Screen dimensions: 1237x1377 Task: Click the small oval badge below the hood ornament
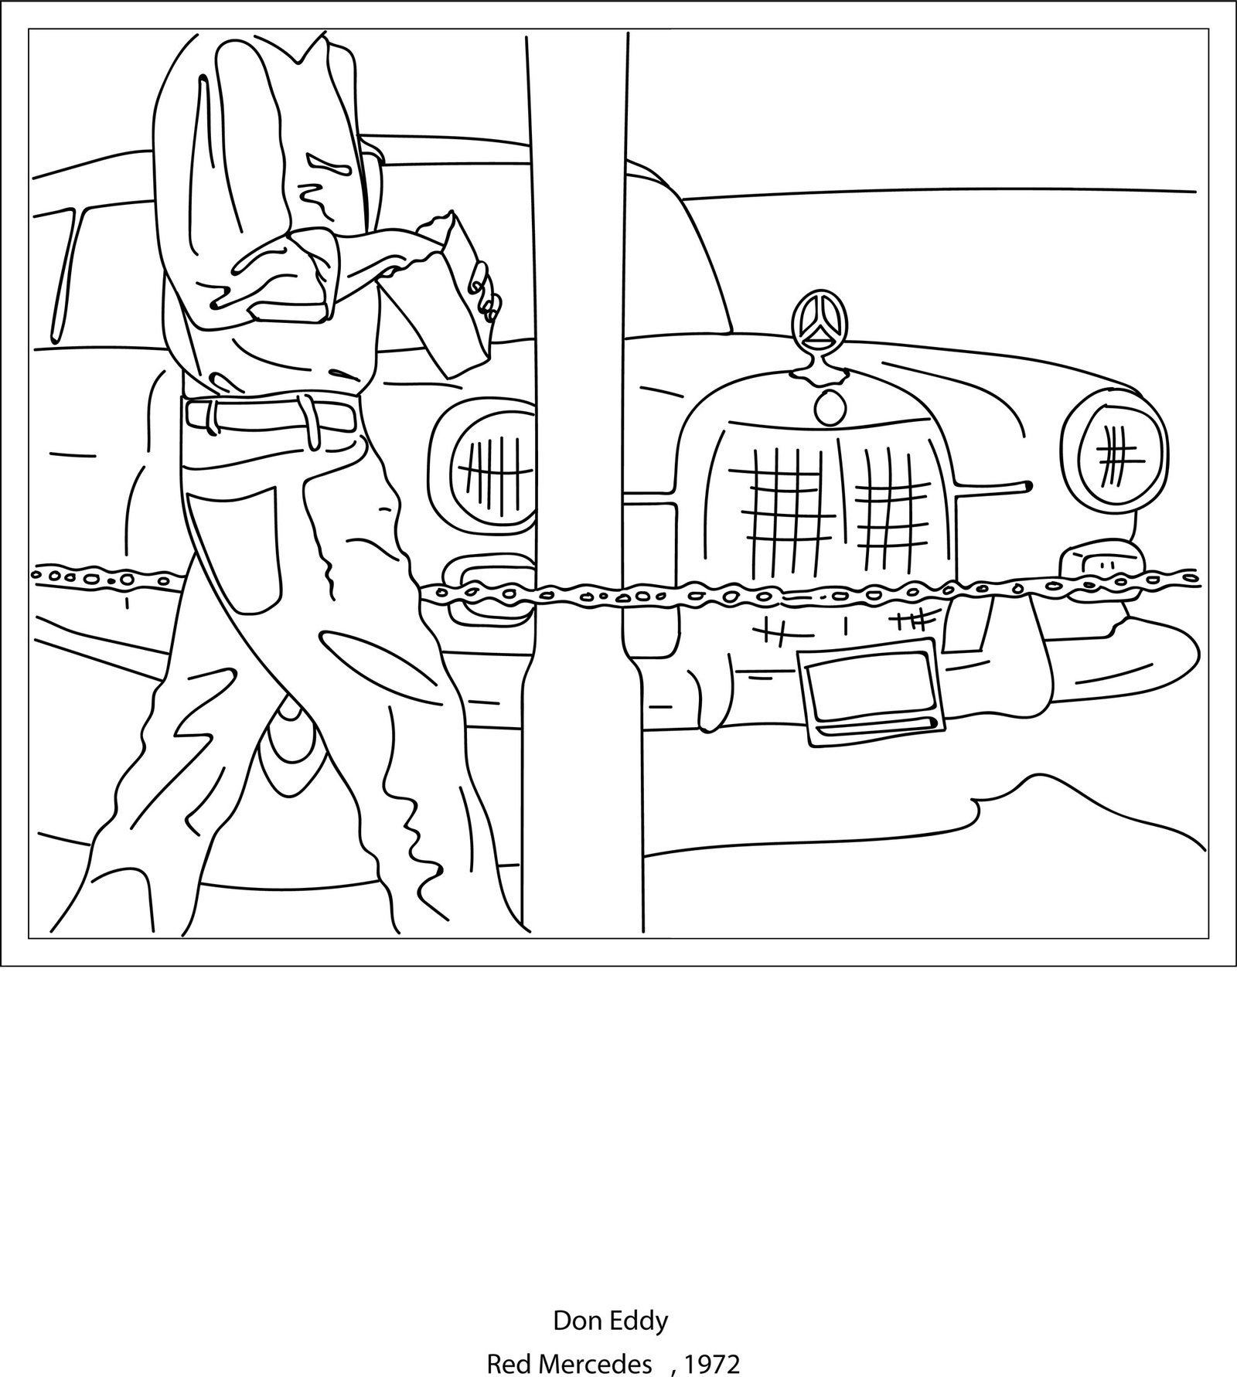830,408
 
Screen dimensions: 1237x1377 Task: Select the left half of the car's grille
781,502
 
